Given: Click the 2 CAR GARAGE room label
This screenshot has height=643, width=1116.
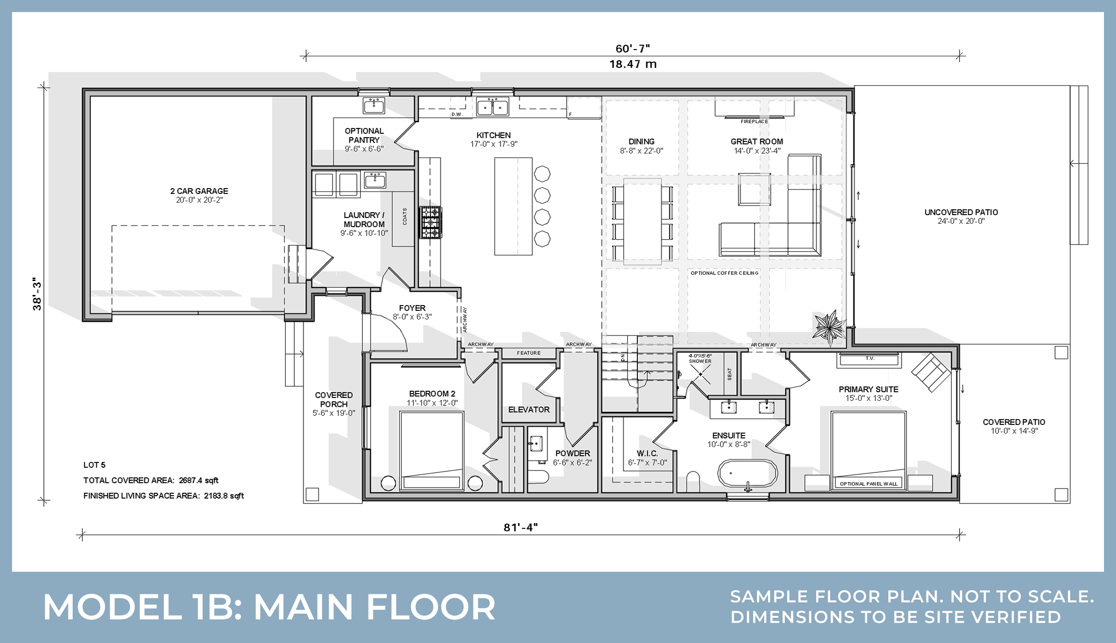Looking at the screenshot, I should [x=199, y=191].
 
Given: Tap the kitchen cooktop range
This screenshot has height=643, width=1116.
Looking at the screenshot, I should [x=431, y=222].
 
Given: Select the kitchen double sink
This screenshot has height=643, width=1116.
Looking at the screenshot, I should [x=492, y=106].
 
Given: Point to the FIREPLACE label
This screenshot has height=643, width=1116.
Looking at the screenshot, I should [x=754, y=122].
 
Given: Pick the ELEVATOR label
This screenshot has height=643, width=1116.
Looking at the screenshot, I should [x=528, y=410].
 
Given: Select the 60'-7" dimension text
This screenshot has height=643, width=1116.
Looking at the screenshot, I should [x=632, y=49].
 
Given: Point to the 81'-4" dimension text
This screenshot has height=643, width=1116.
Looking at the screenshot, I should [x=520, y=527].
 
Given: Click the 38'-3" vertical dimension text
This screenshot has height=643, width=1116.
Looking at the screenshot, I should [x=37, y=294].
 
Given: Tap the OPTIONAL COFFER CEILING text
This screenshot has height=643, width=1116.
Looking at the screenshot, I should [x=724, y=273].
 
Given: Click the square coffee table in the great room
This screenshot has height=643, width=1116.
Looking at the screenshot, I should [x=754, y=189].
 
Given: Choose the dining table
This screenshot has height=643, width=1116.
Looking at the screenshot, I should [x=642, y=221].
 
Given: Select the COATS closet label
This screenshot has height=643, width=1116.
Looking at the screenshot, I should [x=405, y=216].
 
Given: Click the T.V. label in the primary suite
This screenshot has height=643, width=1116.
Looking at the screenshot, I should [x=869, y=359].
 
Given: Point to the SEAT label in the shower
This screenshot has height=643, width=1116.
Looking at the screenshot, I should [x=730, y=373].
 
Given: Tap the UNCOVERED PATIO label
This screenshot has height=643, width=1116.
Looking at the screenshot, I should [x=961, y=212].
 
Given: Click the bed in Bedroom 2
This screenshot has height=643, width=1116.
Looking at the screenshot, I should [x=431, y=450].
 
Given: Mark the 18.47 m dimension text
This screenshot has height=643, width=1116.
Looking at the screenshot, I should [x=632, y=64].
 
